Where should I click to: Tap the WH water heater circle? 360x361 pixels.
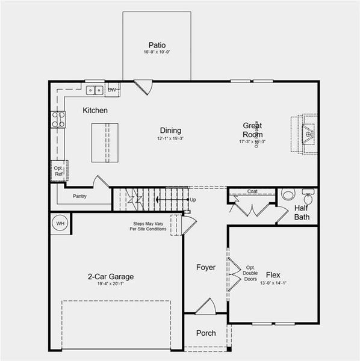tap(60, 223)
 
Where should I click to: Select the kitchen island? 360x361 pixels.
tap(105, 142)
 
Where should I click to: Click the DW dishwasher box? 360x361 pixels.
tap(112, 90)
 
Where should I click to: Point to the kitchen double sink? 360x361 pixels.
tap(94, 91)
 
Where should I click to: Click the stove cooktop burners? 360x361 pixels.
tap(58, 119)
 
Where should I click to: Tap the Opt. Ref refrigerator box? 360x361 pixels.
tap(59, 171)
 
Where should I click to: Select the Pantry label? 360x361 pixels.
tap(79, 196)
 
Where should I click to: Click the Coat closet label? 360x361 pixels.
tap(252, 192)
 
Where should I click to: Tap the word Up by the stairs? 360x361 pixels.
tap(193, 199)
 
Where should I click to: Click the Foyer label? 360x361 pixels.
tap(205, 267)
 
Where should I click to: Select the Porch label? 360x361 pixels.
tap(205, 333)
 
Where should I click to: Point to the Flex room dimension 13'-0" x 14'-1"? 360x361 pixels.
tap(273, 283)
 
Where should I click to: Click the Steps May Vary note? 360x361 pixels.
tap(151, 227)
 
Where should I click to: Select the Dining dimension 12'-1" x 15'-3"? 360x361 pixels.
tap(170, 139)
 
